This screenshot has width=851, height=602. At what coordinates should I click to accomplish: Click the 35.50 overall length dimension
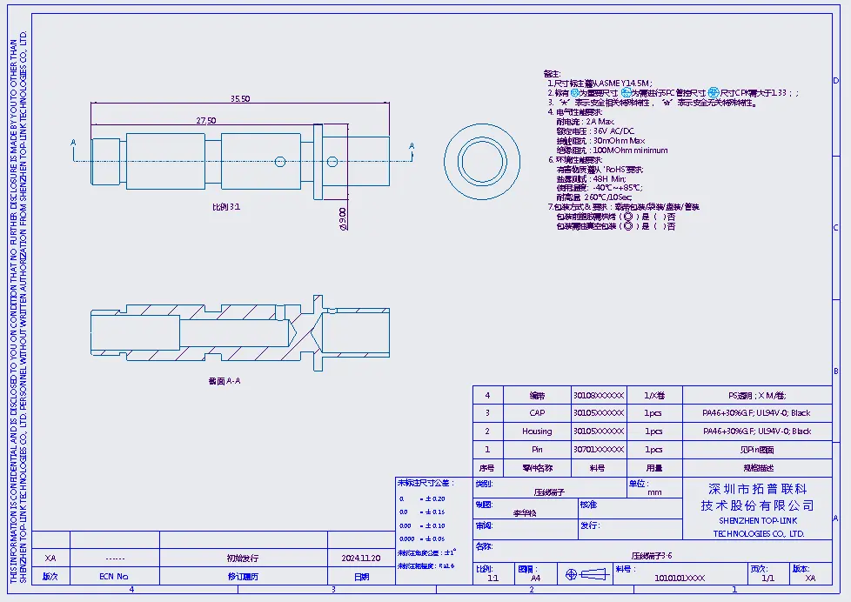tap(240, 98)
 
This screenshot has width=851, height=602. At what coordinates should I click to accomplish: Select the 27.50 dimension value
tap(205, 120)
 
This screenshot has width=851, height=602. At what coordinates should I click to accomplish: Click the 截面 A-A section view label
tap(224, 380)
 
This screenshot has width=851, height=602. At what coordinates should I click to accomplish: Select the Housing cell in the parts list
tap(537, 431)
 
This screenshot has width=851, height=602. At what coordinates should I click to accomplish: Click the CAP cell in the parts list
tap(537, 413)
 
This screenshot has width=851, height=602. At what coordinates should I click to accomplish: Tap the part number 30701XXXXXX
tap(598, 450)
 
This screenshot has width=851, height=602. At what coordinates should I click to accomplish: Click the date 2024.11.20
tap(360, 558)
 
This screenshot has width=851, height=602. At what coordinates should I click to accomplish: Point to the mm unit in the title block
tap(654, 492)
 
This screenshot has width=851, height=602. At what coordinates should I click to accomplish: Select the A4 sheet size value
tap(535, 578)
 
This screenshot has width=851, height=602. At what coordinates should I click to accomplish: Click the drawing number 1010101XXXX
tap(680, 578)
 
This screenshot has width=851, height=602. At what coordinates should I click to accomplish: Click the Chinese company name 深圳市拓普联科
tap(758, 489)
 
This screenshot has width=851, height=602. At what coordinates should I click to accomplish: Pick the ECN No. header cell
tap(113, 576)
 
